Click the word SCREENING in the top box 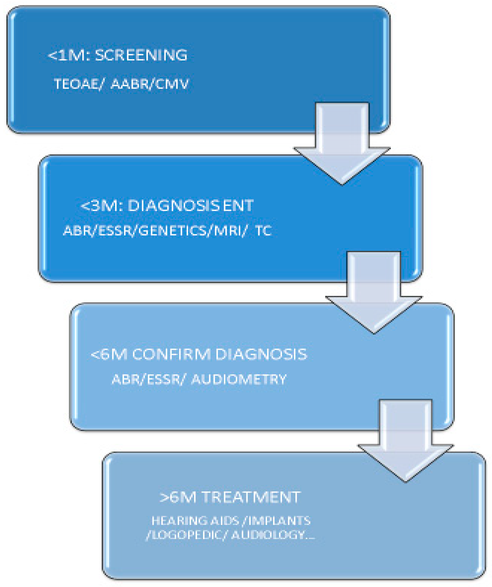point(141,55)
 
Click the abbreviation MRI point(228,231)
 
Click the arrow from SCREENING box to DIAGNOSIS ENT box point(342,145)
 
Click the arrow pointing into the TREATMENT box point(405,442)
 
